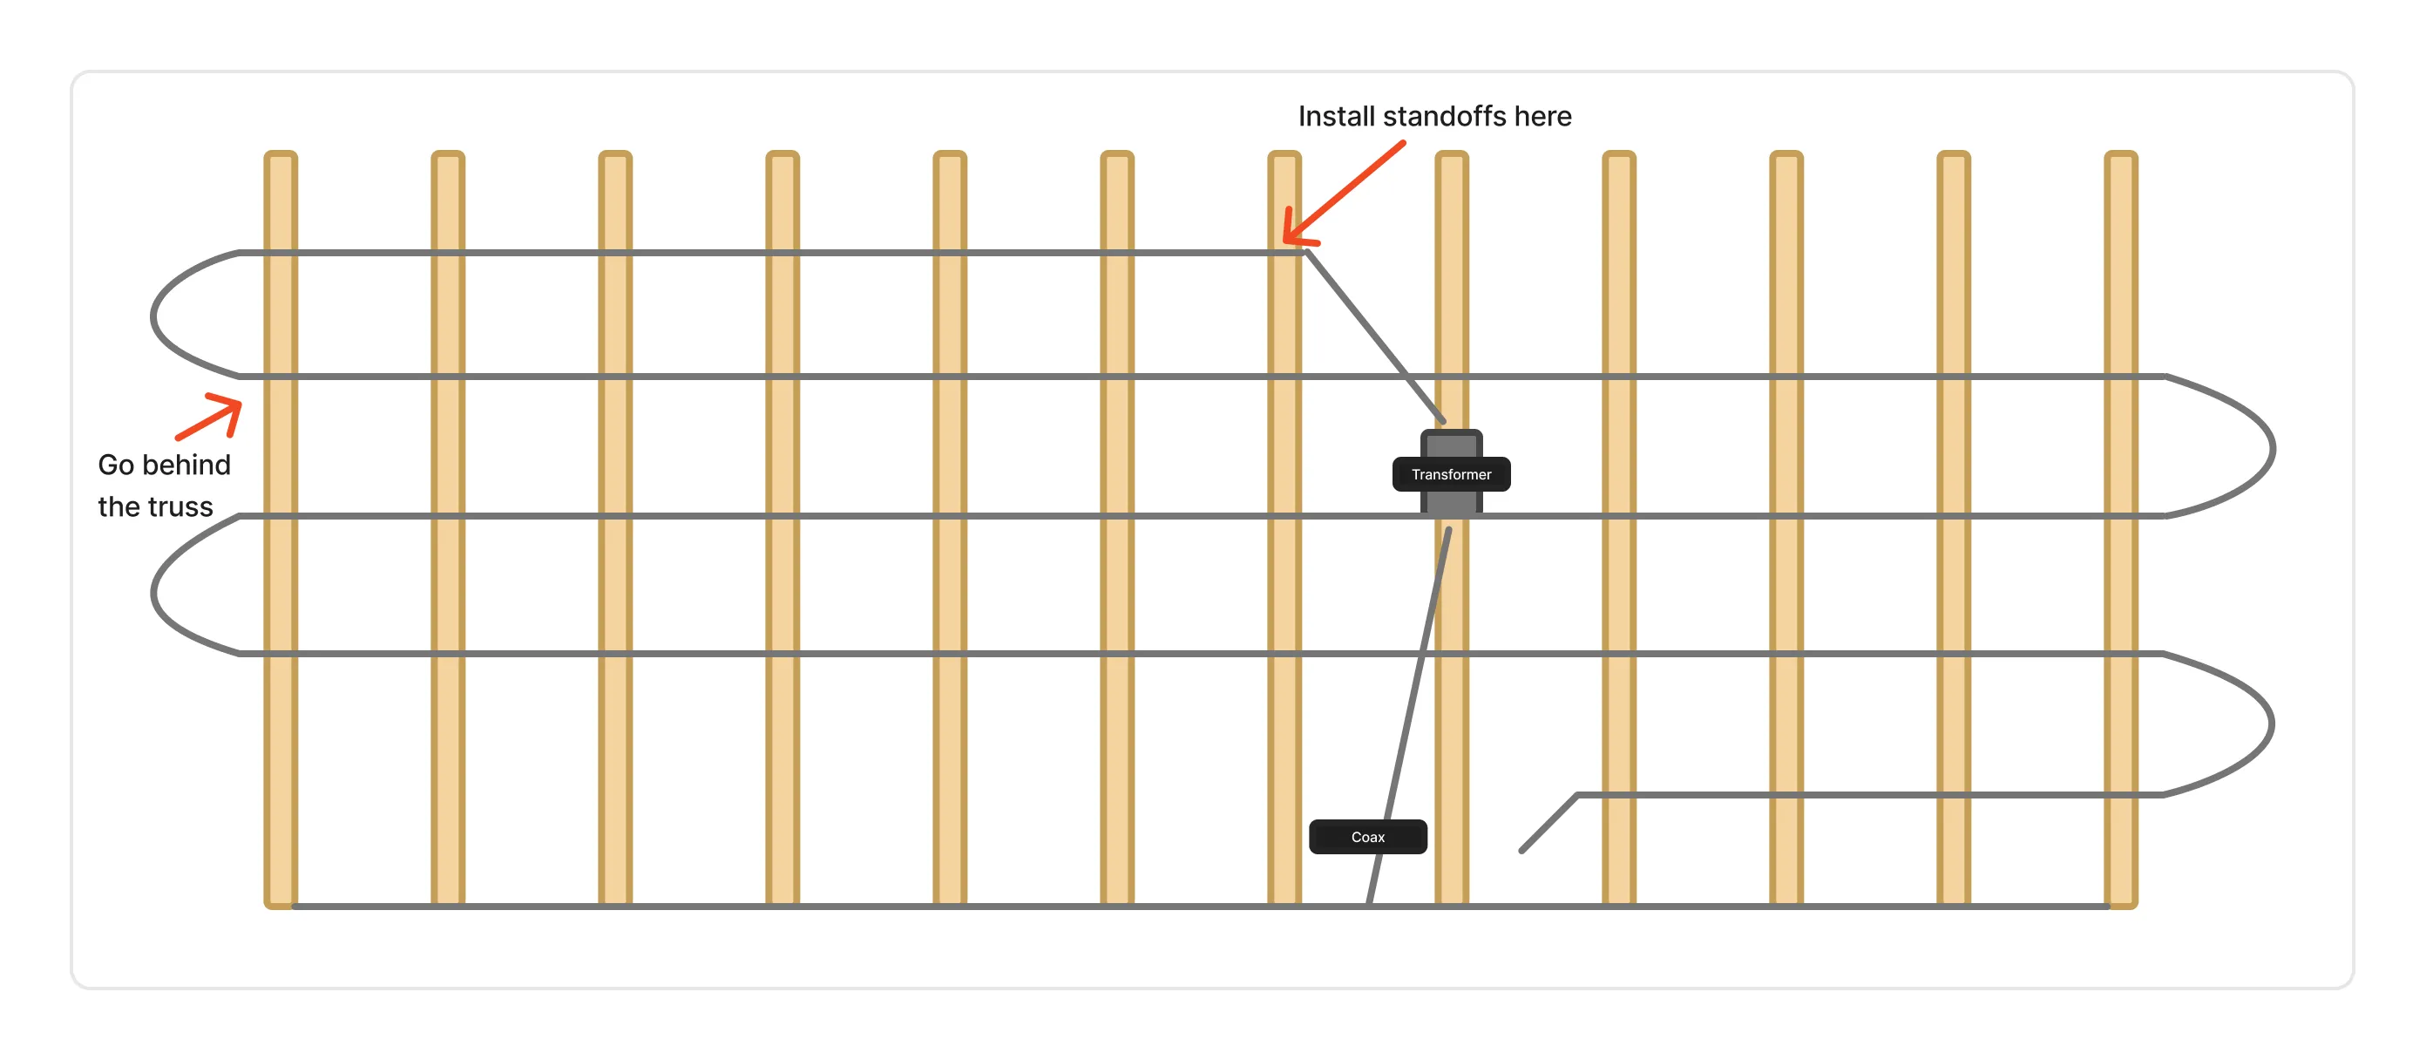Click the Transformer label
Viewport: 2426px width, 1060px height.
(x=1450, y=474)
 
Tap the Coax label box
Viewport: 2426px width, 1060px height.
(x=1367, y=837)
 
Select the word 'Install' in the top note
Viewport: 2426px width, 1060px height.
(x=1337, y=116)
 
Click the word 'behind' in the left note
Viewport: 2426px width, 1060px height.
(x=186, y=465)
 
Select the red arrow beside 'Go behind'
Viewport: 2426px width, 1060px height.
(x=209, y=418)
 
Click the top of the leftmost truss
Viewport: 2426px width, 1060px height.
(x=281, y=153)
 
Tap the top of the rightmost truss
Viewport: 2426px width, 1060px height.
(x=2121, y=153)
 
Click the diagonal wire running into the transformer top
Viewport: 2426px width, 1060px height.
(x=1375, y=336)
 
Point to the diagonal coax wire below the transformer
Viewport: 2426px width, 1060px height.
(x=1409, y=716)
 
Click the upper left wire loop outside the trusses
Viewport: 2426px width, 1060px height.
(x=153, y=316)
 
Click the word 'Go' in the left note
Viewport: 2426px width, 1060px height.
(x=116, y=465)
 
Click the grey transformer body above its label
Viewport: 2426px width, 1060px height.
(x=1451, y=444)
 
